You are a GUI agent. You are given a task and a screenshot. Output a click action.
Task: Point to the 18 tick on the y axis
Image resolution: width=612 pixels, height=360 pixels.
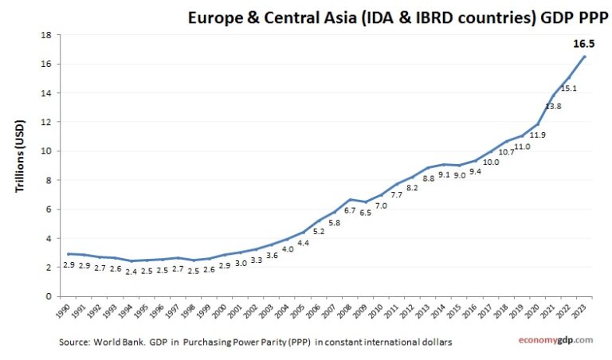point(47,35)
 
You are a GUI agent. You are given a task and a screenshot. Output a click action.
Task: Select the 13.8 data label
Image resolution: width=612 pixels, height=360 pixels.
point(554,106)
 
